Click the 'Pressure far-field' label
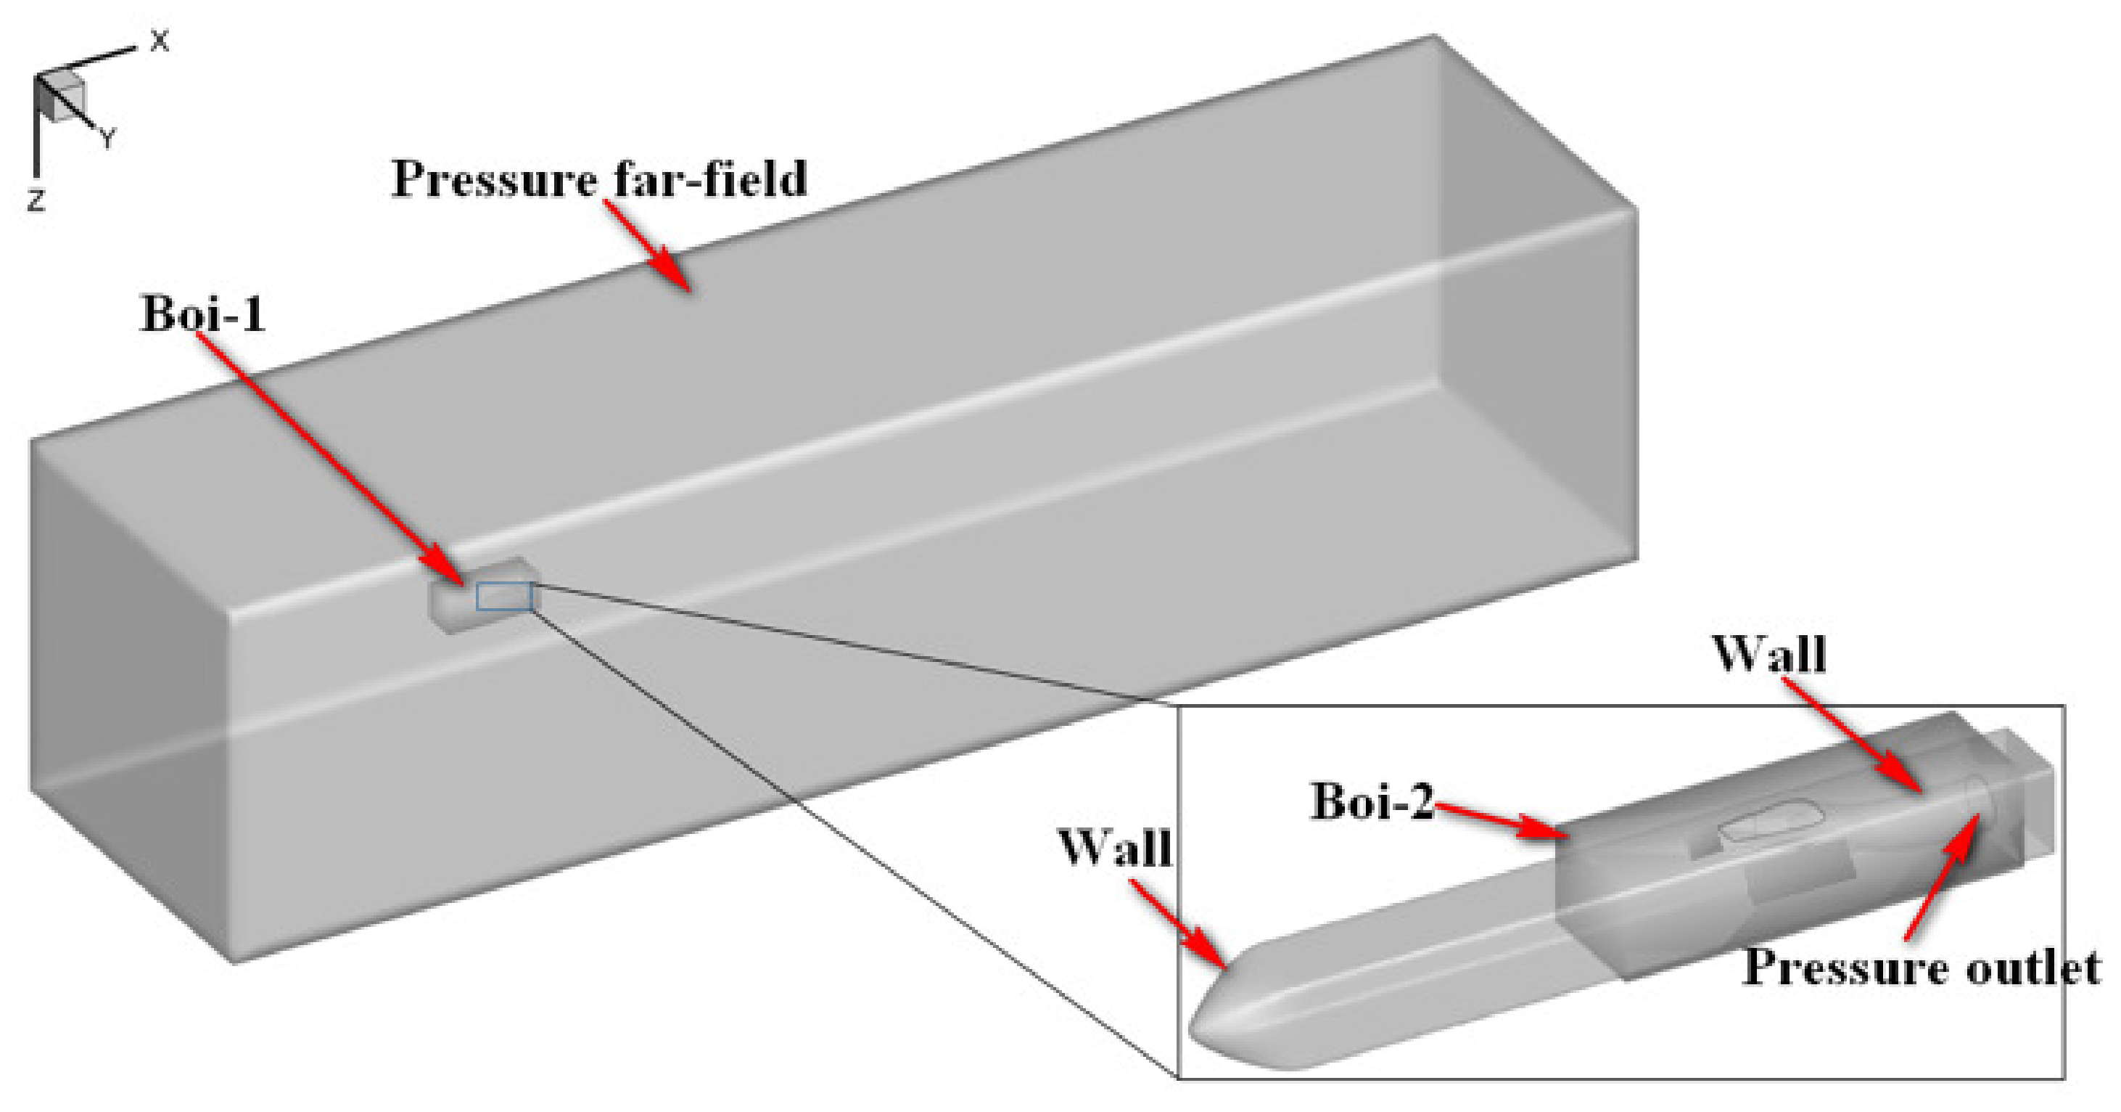click(598, 179)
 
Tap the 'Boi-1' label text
click(203, 314)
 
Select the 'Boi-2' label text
click(1372, 801)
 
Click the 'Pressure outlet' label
click(1922, 966)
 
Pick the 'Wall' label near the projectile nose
click(1115, 848)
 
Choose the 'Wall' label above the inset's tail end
click(1768, 655)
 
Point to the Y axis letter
click(108, 139)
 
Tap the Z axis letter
click(36, 200)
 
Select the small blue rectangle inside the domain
click(504, 597)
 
